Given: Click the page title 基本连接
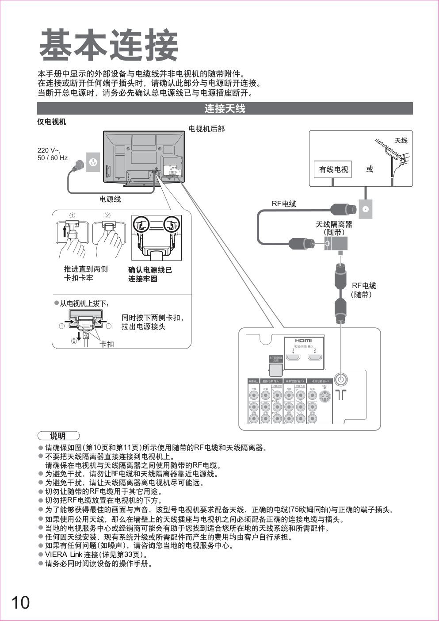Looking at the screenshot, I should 109,46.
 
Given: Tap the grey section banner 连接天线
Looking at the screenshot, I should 225,109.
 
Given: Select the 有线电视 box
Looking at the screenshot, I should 333,169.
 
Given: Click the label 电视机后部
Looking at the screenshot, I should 206,129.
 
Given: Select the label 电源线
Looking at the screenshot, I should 110,199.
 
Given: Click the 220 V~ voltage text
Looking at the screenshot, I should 49,150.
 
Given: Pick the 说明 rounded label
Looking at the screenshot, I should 58,436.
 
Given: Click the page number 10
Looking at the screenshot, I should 20,602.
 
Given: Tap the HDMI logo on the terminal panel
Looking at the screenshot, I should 303,341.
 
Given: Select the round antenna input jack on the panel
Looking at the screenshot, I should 340,379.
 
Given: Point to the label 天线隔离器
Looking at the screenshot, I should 334,225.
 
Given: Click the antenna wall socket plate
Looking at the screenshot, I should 366,209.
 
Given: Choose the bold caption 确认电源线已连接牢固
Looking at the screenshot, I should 150,274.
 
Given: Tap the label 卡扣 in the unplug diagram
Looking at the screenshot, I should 107,344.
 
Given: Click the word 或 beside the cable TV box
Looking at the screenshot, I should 370,169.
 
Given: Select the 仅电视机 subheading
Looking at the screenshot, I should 51,122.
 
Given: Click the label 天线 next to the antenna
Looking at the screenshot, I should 401,141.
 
